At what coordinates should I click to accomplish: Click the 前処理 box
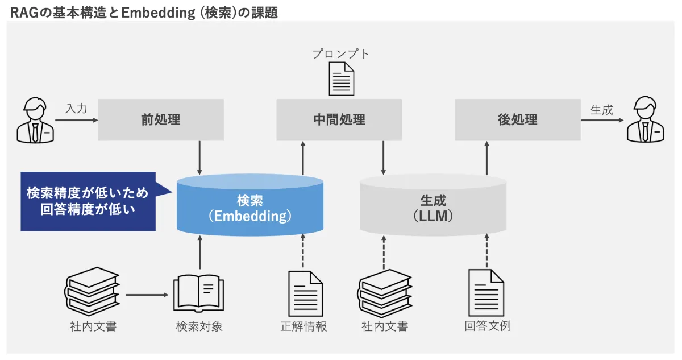161,119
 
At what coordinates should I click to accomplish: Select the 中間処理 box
339,119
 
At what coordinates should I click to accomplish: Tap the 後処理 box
517,119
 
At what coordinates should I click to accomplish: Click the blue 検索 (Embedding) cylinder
250,208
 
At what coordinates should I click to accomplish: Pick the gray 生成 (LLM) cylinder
433,208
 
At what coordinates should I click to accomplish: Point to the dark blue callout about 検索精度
88,201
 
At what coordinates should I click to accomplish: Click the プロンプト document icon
342,78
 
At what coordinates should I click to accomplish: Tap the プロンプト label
341,54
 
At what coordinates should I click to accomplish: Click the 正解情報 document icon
305,293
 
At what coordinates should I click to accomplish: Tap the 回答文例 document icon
486,293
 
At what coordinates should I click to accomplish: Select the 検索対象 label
199,327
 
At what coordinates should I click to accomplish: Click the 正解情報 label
304,327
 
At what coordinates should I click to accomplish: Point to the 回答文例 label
487,327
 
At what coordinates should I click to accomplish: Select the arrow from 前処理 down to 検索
199,158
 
